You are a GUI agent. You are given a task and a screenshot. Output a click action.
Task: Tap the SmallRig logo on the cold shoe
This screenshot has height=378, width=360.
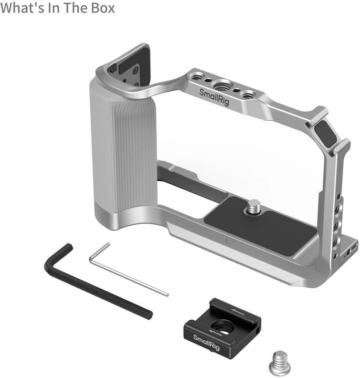pyautogui.click(x=206, y=340)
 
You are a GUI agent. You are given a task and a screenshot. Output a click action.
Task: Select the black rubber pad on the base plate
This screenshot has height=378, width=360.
pyautogui.click(x=262, y=226)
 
